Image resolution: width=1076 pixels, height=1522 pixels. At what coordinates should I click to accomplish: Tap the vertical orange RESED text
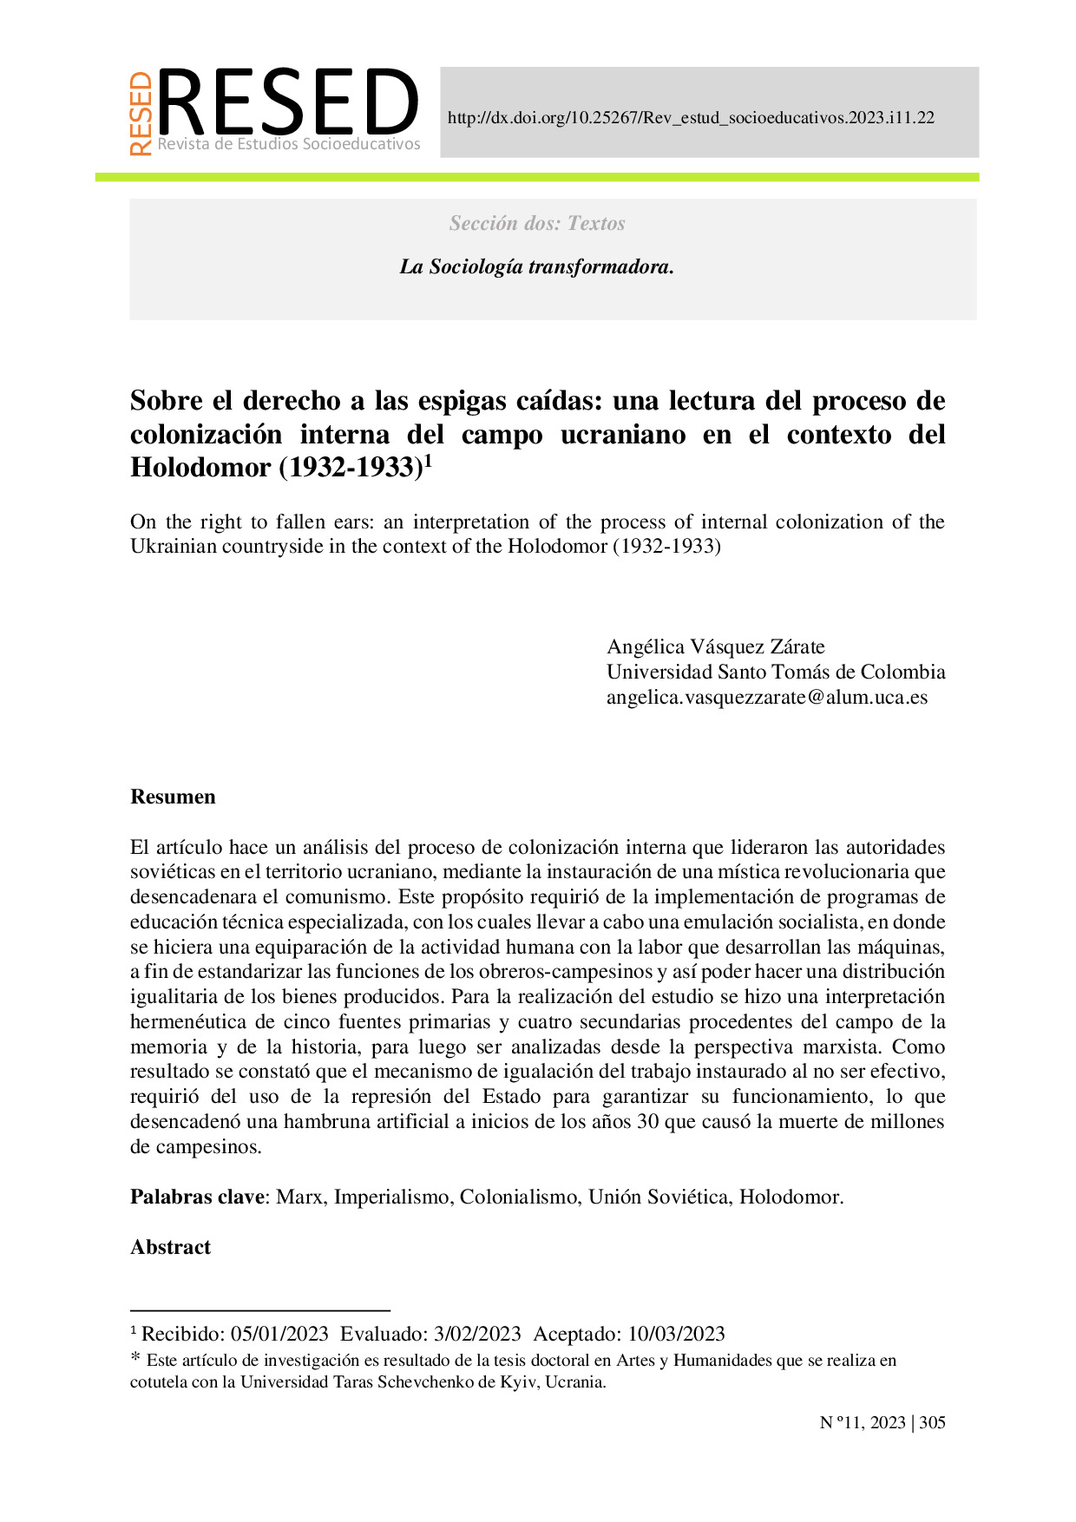(x=141, y=114)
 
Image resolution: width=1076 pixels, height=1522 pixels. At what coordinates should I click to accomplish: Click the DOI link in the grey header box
(x=691, y=118)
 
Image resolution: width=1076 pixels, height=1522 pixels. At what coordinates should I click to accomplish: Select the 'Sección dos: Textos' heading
(x=537, y=224)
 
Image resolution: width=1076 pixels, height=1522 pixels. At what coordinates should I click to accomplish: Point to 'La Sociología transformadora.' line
(x=537, y=267)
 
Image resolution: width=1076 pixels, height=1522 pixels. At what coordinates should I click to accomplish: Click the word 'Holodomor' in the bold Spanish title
(x=200, y=468)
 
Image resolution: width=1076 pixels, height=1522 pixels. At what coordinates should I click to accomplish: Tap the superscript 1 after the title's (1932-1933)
(x=427, y=462)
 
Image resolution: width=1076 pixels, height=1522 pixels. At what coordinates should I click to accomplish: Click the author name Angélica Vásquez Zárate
(x=715, y=646)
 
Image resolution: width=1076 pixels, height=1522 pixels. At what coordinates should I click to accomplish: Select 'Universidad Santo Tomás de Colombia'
(x=776, y=672)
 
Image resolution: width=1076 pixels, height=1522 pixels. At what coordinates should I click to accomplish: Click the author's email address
(x=767, y=697)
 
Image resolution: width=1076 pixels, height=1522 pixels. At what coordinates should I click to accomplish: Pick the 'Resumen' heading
(x=173, y=797)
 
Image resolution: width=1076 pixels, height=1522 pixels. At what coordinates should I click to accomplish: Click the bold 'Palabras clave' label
(x=197, y=1197)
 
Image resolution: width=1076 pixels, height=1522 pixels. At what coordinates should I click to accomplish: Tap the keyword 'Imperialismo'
(x=392, y=1197)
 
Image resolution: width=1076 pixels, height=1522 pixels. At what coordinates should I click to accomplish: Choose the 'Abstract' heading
(x=170, y=1247)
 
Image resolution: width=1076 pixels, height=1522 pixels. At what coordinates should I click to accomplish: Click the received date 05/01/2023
(x=279, y=1334)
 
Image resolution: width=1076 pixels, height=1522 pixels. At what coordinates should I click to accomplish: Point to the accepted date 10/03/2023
(x=676, y=1334)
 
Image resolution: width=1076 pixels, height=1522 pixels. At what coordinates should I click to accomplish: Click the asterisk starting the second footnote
(x=135, y=1360)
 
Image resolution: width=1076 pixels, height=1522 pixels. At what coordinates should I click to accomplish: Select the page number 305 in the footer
(x=932, y=1422)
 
